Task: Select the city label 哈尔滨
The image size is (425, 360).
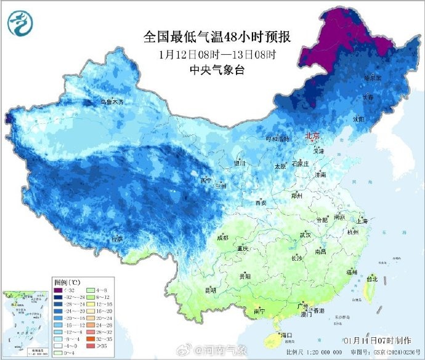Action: coord(372,78)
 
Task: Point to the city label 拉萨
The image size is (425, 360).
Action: coord(117,238)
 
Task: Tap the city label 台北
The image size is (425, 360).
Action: coord(371,278)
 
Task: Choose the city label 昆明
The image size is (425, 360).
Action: coord(211,290)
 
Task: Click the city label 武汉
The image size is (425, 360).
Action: coord(306,235)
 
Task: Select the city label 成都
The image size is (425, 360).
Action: coord(222,237)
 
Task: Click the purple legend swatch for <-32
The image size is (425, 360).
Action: coord(57,290)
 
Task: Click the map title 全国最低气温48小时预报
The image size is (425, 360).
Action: coord(216,37)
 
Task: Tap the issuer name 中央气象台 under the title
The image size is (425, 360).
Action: coord(216,70)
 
